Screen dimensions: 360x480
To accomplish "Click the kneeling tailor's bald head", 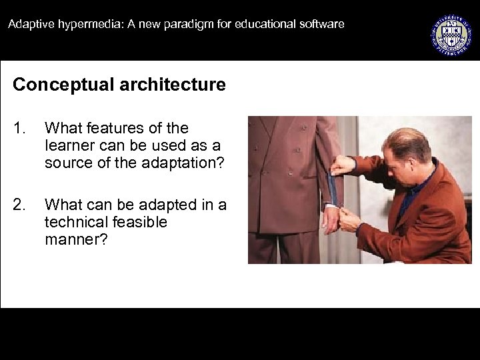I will [x=409, y=139].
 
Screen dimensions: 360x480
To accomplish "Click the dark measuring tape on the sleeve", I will [x=334, y=190].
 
